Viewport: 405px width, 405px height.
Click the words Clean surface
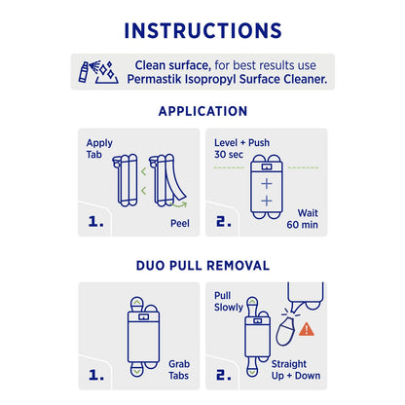[x=166, y=64]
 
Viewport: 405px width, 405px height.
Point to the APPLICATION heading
[x=202, y=111]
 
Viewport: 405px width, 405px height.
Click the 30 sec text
[x=229, y=155]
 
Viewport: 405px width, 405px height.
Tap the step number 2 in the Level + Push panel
[x=223, y=221]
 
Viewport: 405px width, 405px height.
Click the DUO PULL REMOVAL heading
[x=202, y=265]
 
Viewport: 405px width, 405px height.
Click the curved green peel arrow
[x=177, y=203]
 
